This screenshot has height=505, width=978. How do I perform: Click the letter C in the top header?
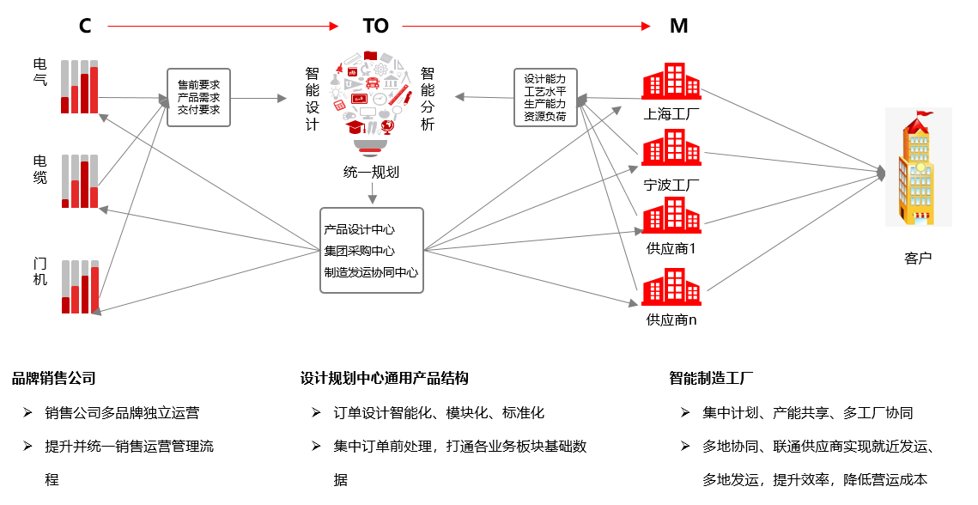tap(86, 26)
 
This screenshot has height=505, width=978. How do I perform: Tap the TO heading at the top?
tap(375, 26)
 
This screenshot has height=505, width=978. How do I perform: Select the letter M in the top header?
tap(678, 26)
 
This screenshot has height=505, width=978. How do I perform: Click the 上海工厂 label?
tap(671, 114)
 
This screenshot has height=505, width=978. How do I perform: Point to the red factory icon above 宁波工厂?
tap(671, 148)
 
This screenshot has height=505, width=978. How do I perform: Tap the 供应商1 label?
tap(671, 248)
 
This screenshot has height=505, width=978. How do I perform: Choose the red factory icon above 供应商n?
tap(671, 287)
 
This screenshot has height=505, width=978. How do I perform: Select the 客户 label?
tap(918, 258)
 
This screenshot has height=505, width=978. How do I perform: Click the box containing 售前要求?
tap(199, 97)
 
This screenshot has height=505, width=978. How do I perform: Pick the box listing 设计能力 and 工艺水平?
tap(545, 97)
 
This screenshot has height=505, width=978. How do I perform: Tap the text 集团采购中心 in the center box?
tap(359, 251)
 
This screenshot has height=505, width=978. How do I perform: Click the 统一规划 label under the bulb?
tap(371, 173)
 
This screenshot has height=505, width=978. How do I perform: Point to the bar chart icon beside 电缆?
tap(80, 181)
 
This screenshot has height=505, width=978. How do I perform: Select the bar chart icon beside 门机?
tap(80, 287)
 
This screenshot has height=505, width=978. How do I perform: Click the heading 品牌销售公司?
tap(53, 378)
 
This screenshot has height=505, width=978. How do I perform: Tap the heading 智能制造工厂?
tap(711, 378)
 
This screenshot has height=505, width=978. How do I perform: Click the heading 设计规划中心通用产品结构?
tap(384, 378)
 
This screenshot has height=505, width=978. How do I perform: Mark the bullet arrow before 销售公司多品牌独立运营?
tap(27, 412)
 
